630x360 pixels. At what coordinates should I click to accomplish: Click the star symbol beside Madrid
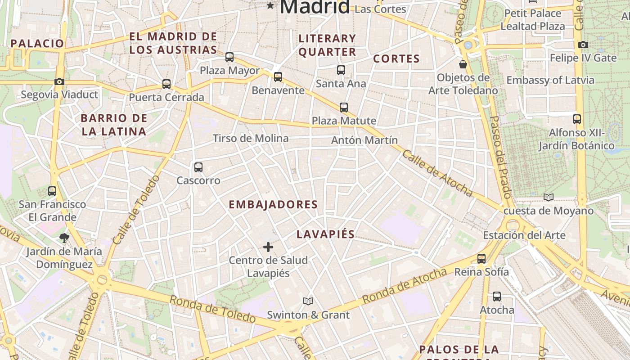[x=270, y=5]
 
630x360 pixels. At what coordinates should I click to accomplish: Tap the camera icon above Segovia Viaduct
[x=59, y=81]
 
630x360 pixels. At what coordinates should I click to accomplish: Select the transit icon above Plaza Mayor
[x=229, y=57]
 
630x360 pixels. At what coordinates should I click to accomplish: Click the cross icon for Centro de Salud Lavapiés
[x=268, y=247]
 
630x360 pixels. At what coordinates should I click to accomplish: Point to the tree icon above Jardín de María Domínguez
[x=64, y=238]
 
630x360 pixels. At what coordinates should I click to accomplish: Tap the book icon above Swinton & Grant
[x=308, y=301]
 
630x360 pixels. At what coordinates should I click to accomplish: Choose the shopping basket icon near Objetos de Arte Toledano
[x=463, y=64]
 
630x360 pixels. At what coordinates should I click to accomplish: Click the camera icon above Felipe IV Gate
[x=583, y=45]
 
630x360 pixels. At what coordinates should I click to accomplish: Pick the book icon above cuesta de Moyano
[x=548, y=197]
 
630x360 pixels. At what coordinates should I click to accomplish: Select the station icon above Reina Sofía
[x=481, y=258]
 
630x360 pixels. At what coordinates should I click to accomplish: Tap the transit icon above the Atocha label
[x=496, y=297]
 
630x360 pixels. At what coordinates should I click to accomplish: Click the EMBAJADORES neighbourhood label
[x=273, y=205]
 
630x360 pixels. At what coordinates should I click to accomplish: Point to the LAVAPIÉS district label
[x=326, y=234]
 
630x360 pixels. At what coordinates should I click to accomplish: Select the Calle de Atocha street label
[x=437, y=174]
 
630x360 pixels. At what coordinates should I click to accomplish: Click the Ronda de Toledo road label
[x=213, y=309]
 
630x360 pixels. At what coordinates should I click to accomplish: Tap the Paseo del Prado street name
[x=500, y=157]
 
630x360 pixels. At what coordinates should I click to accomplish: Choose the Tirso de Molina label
[x=251, y=138]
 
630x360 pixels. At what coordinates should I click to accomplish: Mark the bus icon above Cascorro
[x=198, y=167]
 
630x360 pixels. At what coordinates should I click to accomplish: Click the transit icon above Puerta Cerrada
[x=166, y=84]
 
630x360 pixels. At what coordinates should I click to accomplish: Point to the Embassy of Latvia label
[x=550, y=80]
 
